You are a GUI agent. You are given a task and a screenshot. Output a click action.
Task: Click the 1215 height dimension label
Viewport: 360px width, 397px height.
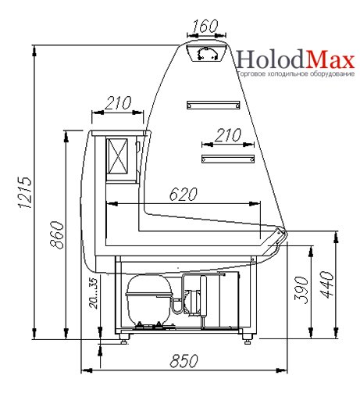point(26,192)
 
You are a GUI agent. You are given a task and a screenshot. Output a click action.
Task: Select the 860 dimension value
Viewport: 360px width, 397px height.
point(57,235)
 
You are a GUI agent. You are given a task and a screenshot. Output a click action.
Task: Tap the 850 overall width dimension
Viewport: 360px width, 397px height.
point(184,361)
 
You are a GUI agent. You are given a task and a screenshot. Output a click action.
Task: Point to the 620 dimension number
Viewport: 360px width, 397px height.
point(184,194)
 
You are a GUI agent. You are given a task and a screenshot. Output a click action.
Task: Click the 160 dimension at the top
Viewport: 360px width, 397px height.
point(205,26)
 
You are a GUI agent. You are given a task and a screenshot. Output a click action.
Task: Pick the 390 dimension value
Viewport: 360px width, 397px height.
point(301,290)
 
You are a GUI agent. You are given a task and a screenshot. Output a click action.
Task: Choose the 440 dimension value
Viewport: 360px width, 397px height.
point(326,284)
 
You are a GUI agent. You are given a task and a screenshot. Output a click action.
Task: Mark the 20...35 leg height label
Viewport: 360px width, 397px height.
point(94,294)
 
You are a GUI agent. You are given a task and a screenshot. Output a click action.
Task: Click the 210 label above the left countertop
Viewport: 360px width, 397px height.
point(118,103)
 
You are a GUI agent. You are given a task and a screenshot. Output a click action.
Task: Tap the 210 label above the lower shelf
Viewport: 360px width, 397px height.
point(228,135)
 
